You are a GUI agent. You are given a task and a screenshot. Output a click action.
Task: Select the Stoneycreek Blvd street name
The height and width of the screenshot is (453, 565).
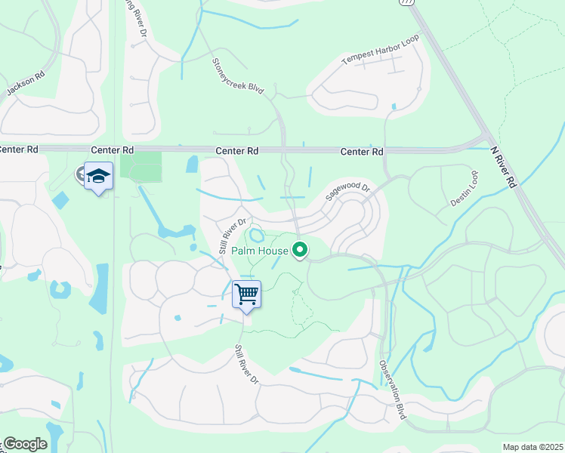237,75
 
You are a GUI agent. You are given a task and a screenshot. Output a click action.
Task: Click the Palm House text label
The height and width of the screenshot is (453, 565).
260,251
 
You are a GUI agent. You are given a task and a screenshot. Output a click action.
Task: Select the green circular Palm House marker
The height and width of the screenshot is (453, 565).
301,250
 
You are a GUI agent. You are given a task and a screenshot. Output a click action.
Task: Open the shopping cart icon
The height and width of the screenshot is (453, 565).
246,294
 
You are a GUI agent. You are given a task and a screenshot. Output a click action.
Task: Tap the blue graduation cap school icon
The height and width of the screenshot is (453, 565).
98,176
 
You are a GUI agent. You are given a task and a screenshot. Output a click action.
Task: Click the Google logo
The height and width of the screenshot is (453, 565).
24,444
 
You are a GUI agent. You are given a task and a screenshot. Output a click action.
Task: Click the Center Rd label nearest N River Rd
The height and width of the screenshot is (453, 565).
362,152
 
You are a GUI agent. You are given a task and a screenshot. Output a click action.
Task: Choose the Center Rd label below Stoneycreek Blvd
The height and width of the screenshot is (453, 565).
237,151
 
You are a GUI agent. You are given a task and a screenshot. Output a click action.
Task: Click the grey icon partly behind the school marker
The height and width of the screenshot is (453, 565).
80,174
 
